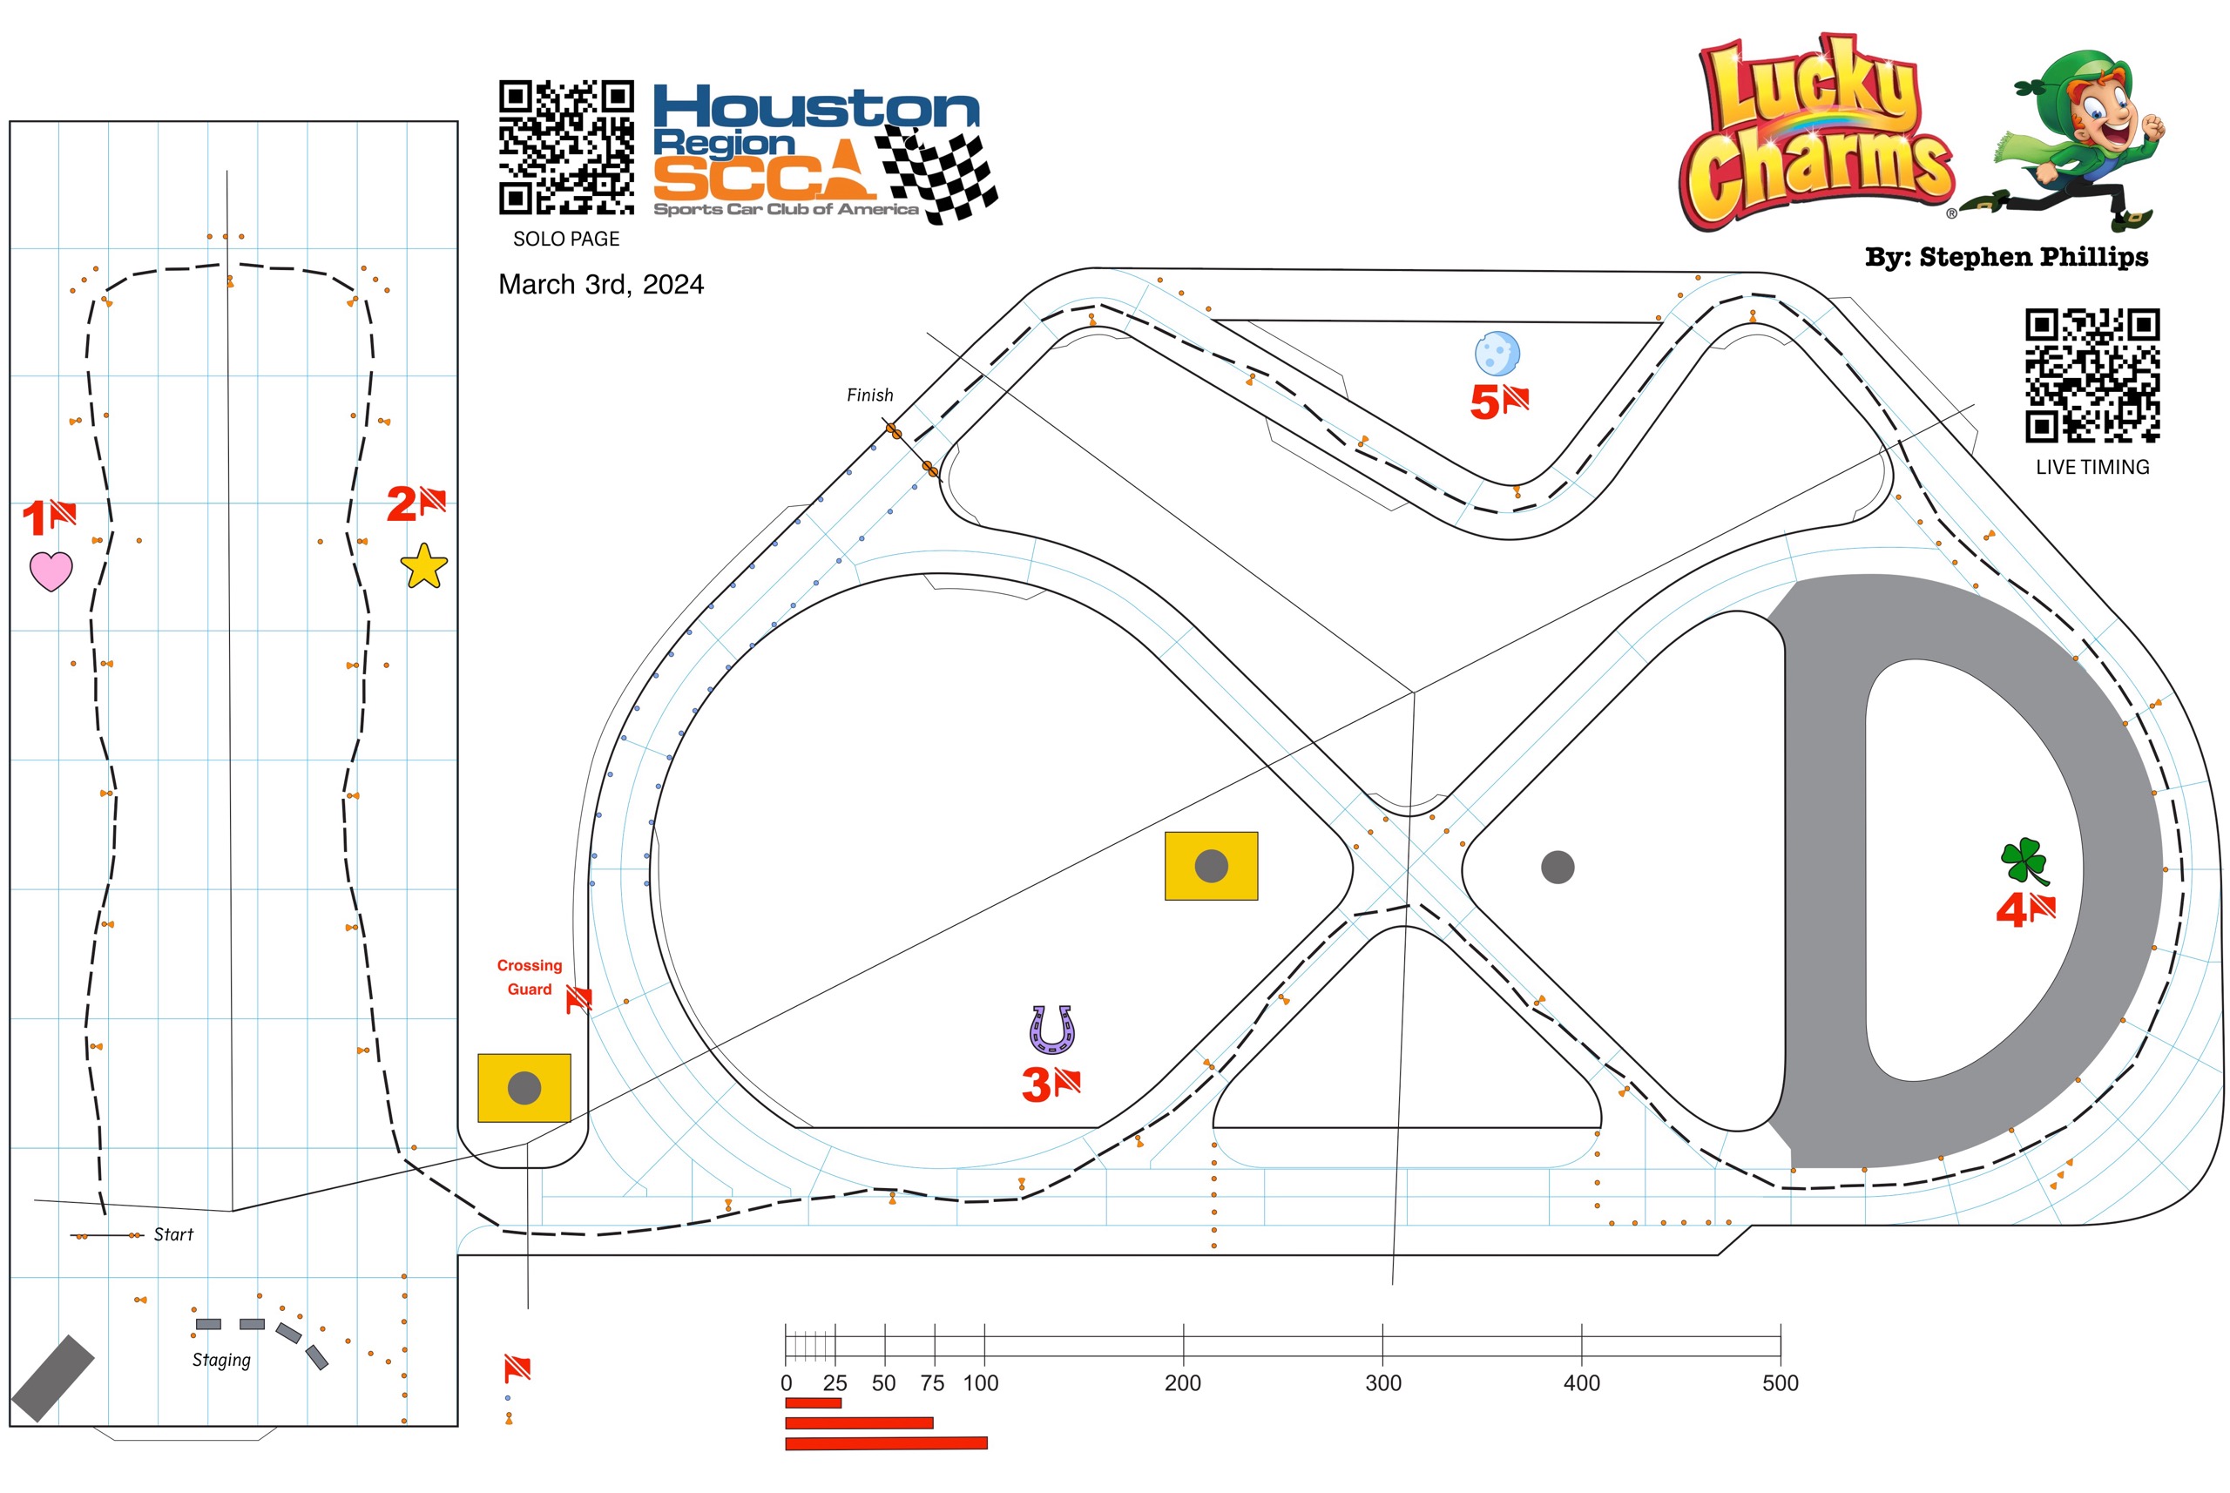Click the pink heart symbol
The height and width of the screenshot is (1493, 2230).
tap(51, 571)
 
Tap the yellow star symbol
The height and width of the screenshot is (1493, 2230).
tap(423, 566)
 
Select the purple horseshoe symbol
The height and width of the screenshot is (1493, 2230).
tap(1051, 1030)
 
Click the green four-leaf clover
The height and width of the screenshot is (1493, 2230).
tap(2024, 860)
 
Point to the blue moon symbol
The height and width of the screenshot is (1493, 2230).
tap(1497, 354)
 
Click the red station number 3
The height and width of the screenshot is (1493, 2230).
tap(1035, 1084)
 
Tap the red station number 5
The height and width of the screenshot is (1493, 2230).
tap(1484, 402)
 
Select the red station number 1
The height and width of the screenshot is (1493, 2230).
tap(34, 519)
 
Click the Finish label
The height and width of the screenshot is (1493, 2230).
tap(869, 395)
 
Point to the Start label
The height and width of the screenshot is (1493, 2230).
tap(173, 1235)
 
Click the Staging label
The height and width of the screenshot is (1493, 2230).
tap(221, 1360)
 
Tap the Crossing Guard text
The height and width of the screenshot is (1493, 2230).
tap(530, 977)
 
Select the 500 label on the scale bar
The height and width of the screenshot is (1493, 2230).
tap(1780, 1383)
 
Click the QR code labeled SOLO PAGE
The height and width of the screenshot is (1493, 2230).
tap(566, 147)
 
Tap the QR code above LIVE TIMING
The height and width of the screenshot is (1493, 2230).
tap(2092, 375)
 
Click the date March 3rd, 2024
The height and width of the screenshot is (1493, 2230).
tap(601, 285)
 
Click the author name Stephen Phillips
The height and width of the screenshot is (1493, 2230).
tap(2033, 257)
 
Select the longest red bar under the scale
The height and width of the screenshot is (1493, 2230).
tap(886, 1443)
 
